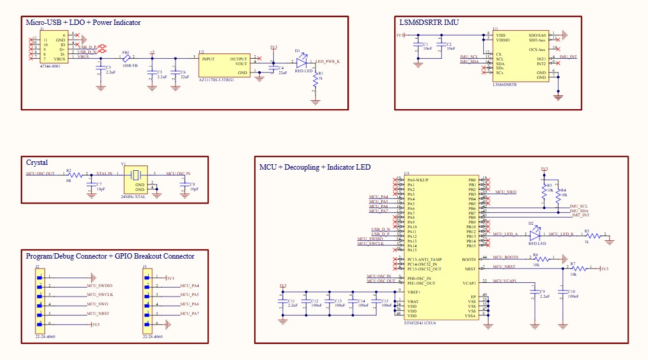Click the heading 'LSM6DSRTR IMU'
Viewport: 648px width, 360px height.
(430, 22)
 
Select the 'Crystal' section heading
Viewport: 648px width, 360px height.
(37, 162)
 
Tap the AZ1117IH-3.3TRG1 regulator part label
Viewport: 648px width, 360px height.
(216, 79)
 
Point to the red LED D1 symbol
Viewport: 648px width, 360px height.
(302, 61)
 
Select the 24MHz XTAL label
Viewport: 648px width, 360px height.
(132, 196)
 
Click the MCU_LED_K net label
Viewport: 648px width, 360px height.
(560, 234)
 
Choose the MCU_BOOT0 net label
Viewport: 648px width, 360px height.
(506, 257)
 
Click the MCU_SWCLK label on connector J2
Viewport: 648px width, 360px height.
(100, 295)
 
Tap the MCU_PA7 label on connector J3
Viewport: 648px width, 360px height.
(189, 313)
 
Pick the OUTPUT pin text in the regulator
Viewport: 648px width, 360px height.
(239, 59)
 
